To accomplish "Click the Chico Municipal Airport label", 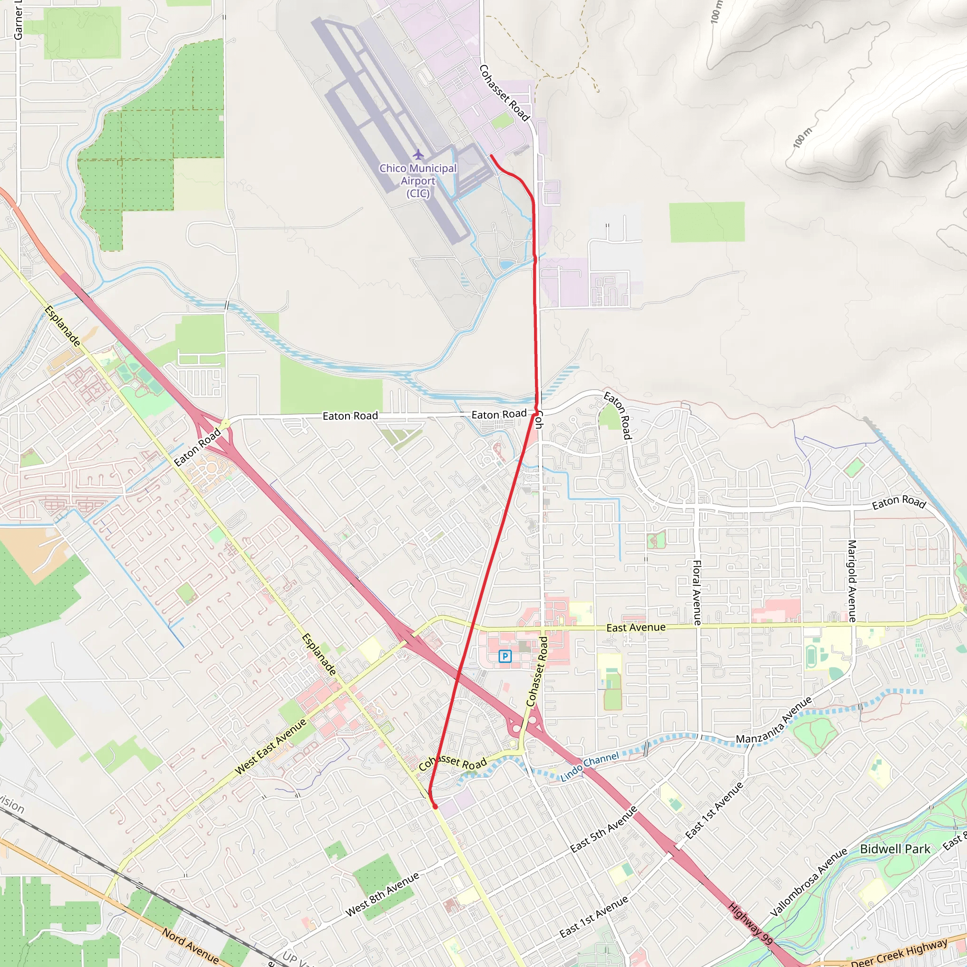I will pos(418,181).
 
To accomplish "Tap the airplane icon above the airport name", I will pos(418,153).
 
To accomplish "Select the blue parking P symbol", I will pos(505,656).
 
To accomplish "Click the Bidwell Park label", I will pos(895,849).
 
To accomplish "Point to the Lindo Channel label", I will pos(589,766).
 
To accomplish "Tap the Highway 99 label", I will pos(750,923).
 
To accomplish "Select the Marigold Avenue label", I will pos(851,581).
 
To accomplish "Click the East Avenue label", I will pos(636,628).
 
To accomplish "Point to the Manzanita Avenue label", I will pos(774,721).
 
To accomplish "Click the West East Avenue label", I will pos(270,747).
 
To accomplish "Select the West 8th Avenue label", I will pos(382,894).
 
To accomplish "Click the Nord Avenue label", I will pos(190,946).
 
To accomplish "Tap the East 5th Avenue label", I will pos(603,829).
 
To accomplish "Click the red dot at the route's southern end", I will pos(435,807).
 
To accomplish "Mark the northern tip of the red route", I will pos(491,156).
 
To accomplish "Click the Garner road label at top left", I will pos(18,20).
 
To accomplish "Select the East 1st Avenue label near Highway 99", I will pos(714,810).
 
